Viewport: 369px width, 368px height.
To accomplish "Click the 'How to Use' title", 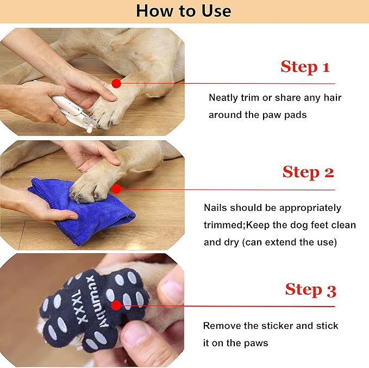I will pyautogui.click(x=184, y=11).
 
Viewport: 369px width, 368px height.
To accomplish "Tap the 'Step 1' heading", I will pyautogui.click(x=305, y=67).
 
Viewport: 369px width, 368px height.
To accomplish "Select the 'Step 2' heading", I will pyautogui.click(x=308, y=172).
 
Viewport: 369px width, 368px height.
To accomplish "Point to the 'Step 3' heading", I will pyautogui.click(x=310, y=290).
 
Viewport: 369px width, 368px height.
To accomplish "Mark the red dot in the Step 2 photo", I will pyautogui.click(x=116, y=189).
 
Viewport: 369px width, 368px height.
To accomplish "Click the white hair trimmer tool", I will pyautogui.click(x=74, y=111).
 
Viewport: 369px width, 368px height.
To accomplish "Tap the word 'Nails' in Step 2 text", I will pyautogui.click(x=216, y=208).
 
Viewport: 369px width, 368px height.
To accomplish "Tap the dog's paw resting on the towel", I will pyautogui.click(x=95, y=182).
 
